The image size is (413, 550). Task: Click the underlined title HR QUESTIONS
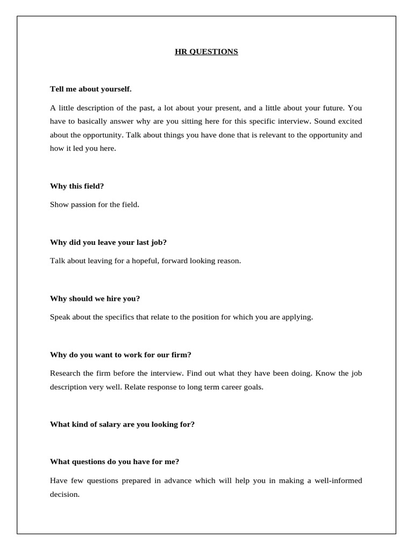[206, 52]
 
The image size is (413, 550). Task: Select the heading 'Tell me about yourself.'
[90, 88]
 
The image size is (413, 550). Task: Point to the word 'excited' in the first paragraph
[349, 121]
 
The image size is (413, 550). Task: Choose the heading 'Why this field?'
[77, 185]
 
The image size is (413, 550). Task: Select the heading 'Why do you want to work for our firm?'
[120, 354]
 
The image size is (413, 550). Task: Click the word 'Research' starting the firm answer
[65, 373]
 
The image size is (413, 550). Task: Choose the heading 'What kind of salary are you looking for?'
[122, 424]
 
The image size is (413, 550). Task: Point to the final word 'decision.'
[65, 494]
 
